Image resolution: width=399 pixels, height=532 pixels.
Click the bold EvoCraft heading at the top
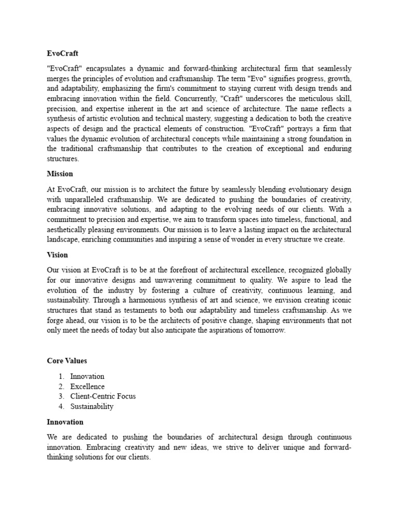pyautogui.click(x=62, y=54)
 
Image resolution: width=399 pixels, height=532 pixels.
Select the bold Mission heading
pyautogui.click(x=60, y=174)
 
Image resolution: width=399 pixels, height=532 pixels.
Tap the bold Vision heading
pyautogui.click(x=57, y=255)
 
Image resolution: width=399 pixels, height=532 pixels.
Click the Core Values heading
pyautogui.click(x=66, y=361)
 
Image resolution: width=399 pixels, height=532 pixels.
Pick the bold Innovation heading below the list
pyautogui.click(x=65, y=422)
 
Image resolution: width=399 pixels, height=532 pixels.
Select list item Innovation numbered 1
pyautogui.click(x=87, y=376)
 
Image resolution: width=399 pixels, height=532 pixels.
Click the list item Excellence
pyautogui.click(x=87, y=387)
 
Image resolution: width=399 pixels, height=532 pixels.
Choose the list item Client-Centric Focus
pyautogui.click(x=103, y=396)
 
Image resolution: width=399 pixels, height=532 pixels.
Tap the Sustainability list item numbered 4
pyautogui.click(x=91, y=406)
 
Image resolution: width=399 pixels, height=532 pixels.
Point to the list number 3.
pyautogui.click(x=61, y=396)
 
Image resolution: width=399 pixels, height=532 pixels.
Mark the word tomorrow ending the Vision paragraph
pyautogui.click(x=268, y=331)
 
